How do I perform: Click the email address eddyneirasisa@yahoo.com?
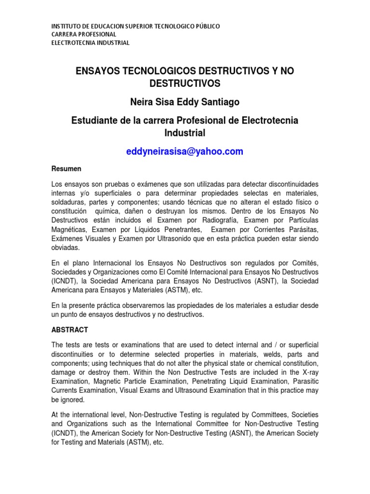coord(185,151)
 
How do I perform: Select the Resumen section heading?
coord(66,169)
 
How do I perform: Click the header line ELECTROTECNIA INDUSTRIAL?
coord(90,42)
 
